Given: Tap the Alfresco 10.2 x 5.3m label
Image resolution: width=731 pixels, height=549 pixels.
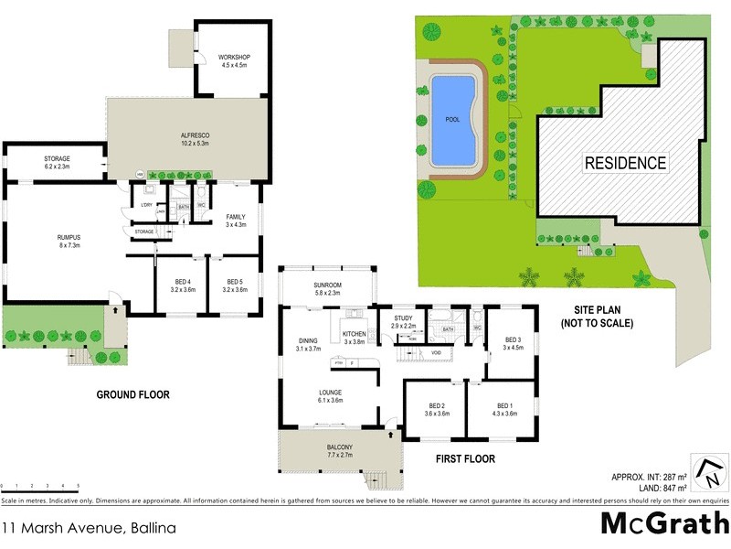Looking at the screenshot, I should (x=195, y=139).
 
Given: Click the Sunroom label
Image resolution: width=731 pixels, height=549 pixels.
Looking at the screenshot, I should (x=327, y=288).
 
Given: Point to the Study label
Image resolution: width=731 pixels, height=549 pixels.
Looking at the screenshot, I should (x=404, y=321).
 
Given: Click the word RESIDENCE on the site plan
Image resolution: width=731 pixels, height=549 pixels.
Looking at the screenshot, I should (x=626, y=164).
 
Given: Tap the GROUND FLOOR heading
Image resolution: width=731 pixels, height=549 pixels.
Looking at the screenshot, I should (x=133, y=395).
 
